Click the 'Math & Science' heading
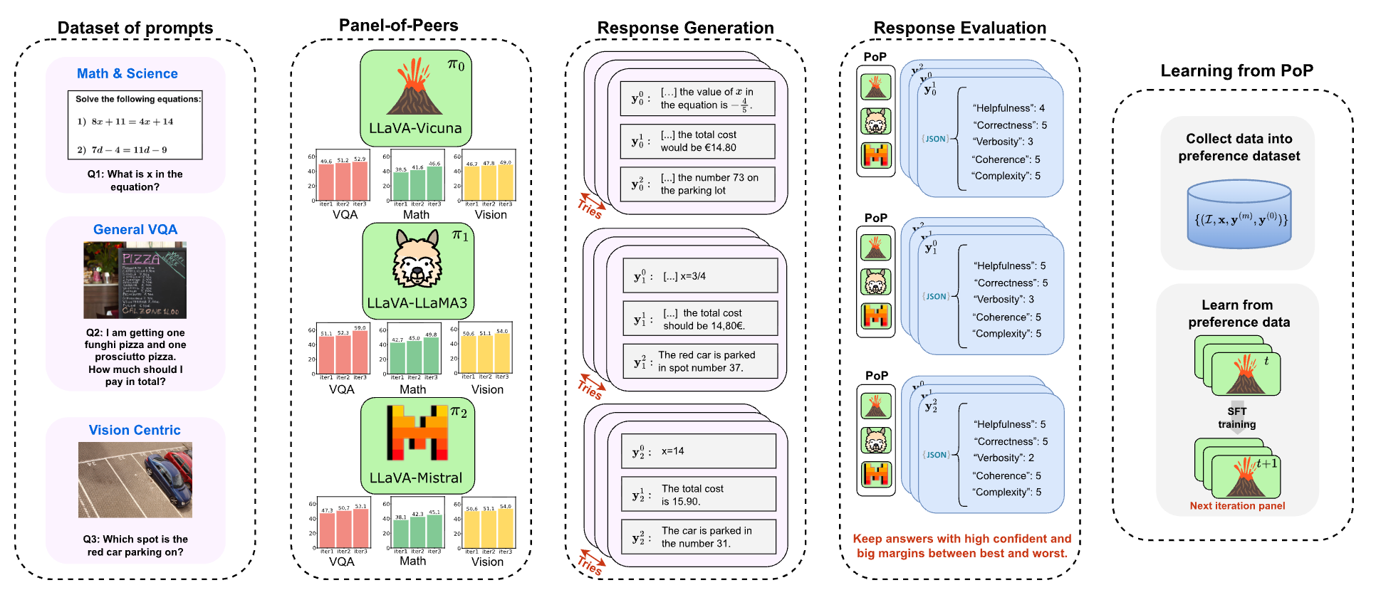pyautogui.click(x=127, y=73)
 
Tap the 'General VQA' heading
pyautogui.click(x=135, y=229)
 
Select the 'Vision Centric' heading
pyautogui.click(x=135, y=430)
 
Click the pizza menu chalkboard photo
pyautogui.click(x=135, y=280)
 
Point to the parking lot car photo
pyautogui.click(x=135, y=480)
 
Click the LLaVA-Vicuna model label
pyautogui.click(x=415, y=129)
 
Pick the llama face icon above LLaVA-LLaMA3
pyautogui.click(x=417, y=260)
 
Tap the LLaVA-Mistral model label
pyautogui.click(x=416, y=478)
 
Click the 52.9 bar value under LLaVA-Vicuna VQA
pyautogui.click(x=360, y=159)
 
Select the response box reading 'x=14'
pyautogui.click(x=698, y=451)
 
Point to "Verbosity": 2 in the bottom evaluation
pyautogui.click(x=1005, y=458)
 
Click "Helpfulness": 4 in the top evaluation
pyautogui.click(x=1008, y=108)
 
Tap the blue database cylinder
pyautogui.click(x=1239, y=214)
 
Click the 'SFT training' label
pyautogui.click(x=1237, y=418)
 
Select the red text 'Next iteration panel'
pyautogui.click(x=1237, y=506)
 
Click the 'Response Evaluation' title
pyautogui.click(x=959, y=28)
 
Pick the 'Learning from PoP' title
pyautogui.click(x=1236, y=70)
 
